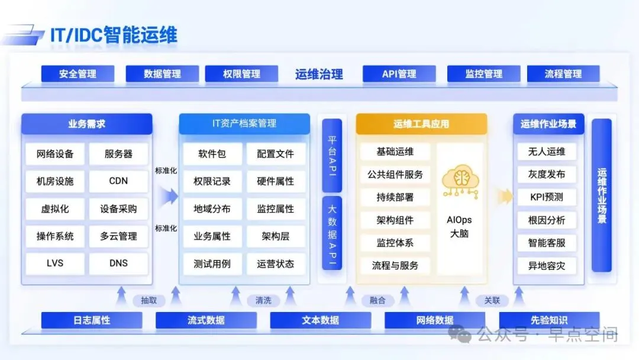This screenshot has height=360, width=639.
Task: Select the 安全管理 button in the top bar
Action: point(78,74)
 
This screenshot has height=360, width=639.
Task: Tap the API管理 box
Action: point(399,74)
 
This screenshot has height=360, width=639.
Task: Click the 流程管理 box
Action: point(563,74)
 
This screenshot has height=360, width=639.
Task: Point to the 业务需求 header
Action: point(86,124)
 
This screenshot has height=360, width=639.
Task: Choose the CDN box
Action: point(118,181)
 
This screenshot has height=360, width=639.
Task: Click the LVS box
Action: point(55,263)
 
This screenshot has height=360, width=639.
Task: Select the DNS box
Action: point(118,263)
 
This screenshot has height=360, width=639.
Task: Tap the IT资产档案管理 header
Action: point(244,124)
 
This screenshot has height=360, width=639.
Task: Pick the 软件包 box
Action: point(212,154)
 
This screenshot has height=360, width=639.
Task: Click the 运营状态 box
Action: point(276,263)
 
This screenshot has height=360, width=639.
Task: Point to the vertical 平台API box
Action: point(332,155)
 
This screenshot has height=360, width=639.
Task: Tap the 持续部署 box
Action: point(395,197)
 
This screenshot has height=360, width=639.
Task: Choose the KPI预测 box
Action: point(546,197)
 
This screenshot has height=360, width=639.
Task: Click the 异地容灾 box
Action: point(546,266)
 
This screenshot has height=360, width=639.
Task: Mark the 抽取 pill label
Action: point(149,300)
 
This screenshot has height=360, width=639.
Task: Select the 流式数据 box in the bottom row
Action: point(206,320)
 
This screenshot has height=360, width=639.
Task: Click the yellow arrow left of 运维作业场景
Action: point(504,197)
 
